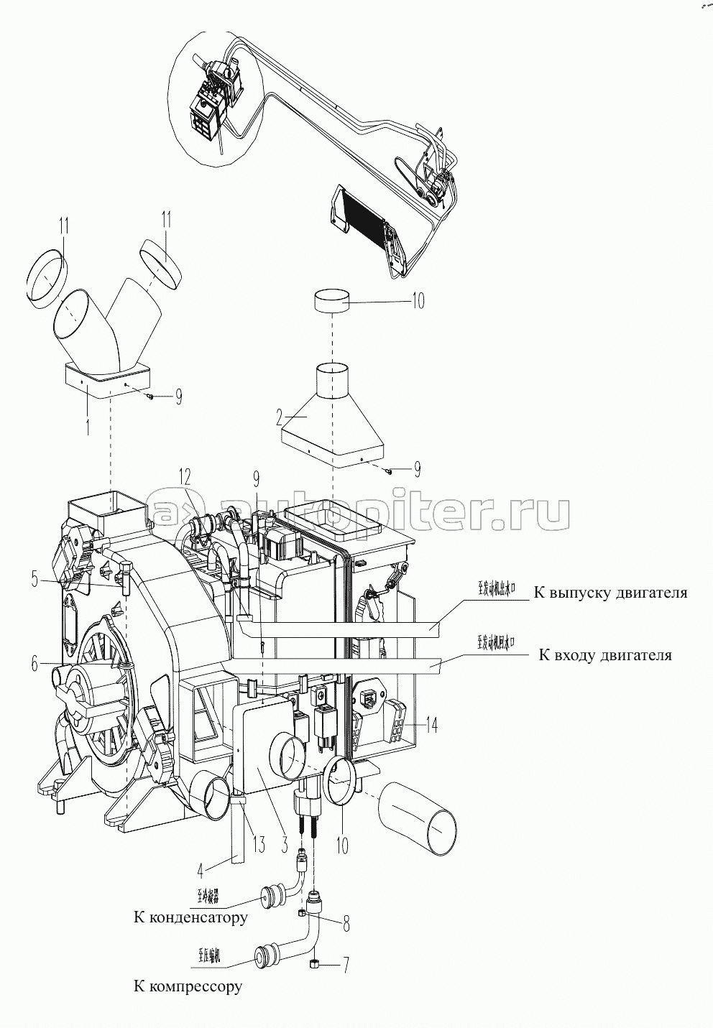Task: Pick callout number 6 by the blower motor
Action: pyautogui.click(x=34, y=664)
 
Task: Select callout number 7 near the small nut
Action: pyautogui.click(x=345, y=966)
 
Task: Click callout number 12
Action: pyautogui.click(x=186, y=476)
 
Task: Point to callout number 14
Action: pyautogui.click(x=432, y=726)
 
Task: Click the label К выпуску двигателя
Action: pyautogui.click(x=609, y=593)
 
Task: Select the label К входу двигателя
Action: pyautogui.click(x=604, y=655)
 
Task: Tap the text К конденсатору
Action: pyautogui.click(x=190, y=917)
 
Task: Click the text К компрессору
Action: pyautogui.click(x=188, y=986)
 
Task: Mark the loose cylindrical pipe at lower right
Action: pyautogui.click(x=418, y=819)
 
